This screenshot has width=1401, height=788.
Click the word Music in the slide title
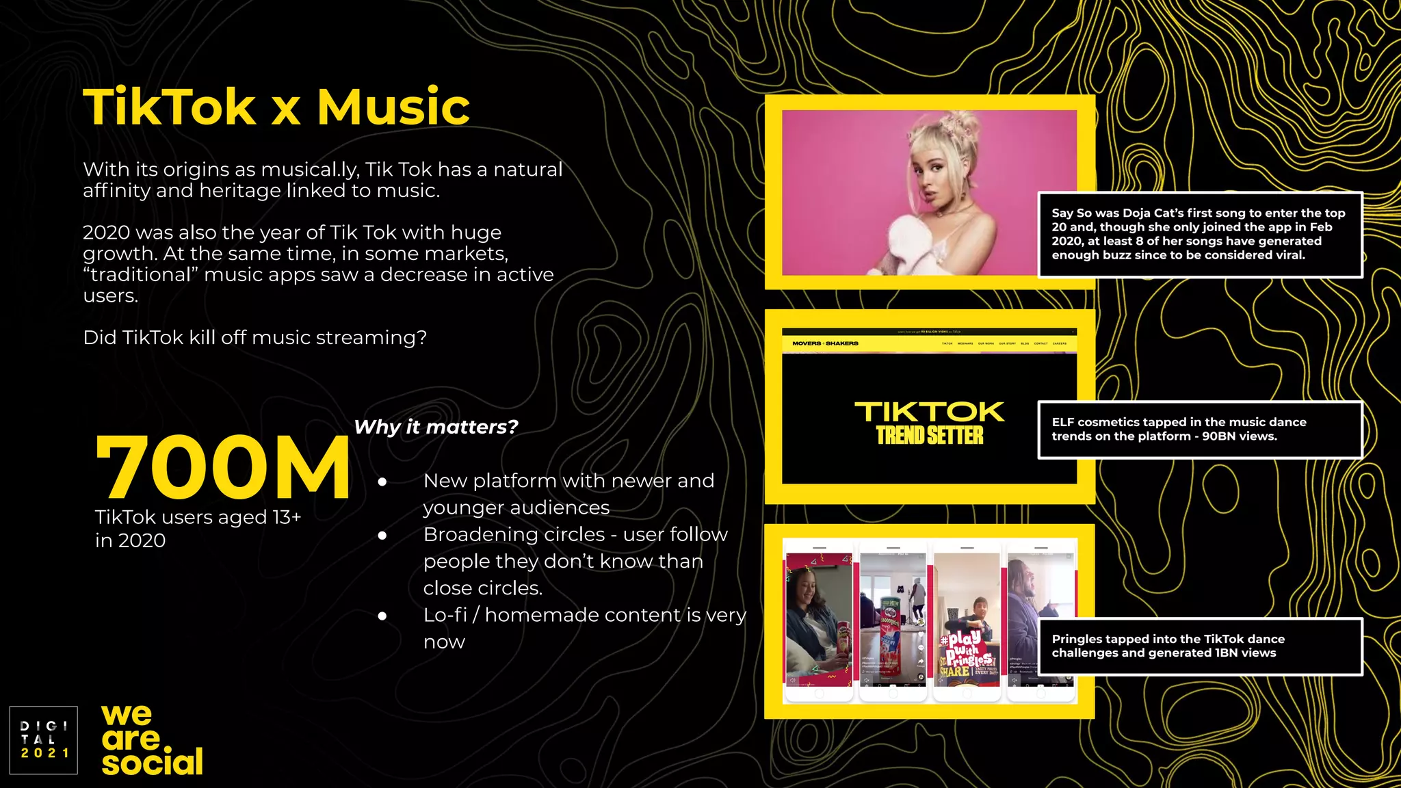pyautogui.click(x=393, y=107)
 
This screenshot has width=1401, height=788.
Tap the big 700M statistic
pyautogui.click(x=223, y=468)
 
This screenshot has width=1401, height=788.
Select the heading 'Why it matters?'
pyautogui.click(x=436, y=427)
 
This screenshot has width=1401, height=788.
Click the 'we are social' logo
pyautogui.click(x=152, y=741)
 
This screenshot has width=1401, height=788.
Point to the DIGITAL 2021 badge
pyautogui.click(x=44, y=739)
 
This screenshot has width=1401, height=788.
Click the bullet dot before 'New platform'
pyautogui.click(x=382, y=482)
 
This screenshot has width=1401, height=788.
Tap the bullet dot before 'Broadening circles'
pyautogui.click(x=382, y=536)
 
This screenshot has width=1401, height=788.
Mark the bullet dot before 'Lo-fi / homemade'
pyautogui.click(x=382, y=616)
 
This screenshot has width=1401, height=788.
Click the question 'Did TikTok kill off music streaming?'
pyautogui.click(x=254, y=337)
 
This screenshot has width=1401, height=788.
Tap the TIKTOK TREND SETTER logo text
pyautogui.click(x=929, y=423)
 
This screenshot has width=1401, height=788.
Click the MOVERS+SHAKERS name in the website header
pyautogui.click(x=825, y=343)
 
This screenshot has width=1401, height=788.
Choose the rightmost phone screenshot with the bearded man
pyautogui.click(x=1040, y=619)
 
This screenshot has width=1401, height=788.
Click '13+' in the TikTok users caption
pyautogui.click(x=287, y=518)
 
